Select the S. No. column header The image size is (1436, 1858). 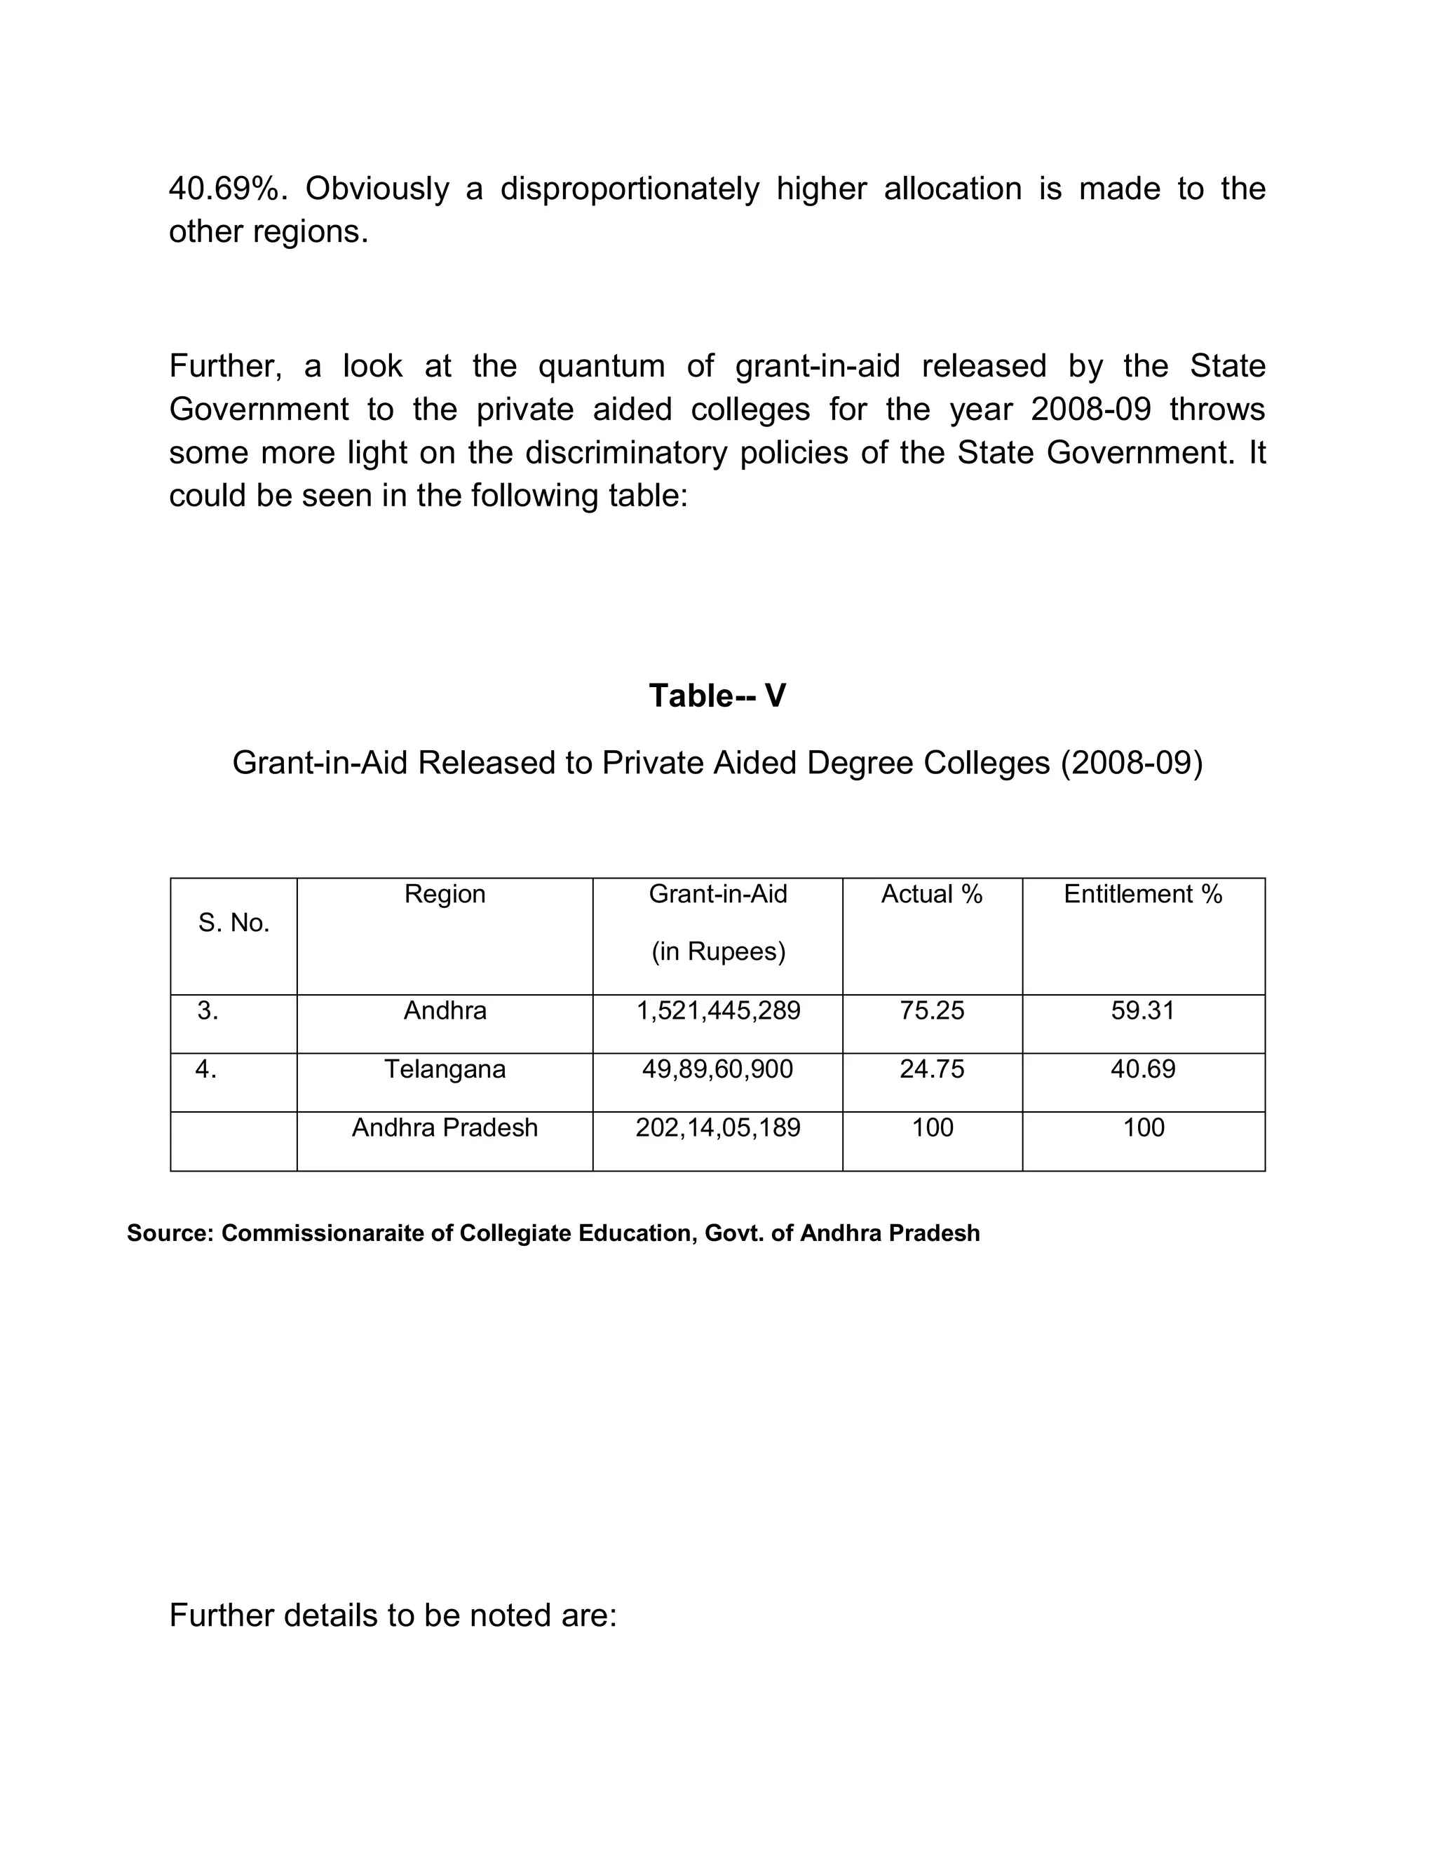234,923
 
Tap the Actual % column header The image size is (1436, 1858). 932,894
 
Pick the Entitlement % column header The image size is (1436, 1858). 1142,894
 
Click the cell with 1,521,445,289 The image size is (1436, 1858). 718,1010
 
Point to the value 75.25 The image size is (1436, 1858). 932,1010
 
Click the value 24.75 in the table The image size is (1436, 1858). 932,1069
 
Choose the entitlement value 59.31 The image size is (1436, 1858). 1142,1010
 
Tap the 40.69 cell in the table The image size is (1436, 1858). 1142,1069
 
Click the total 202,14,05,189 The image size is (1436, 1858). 718,1128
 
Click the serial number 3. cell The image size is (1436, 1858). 208,1010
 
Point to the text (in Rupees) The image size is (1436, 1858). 718,952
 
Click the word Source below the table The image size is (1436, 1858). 169,1233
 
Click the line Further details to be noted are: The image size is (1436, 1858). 393,1615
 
